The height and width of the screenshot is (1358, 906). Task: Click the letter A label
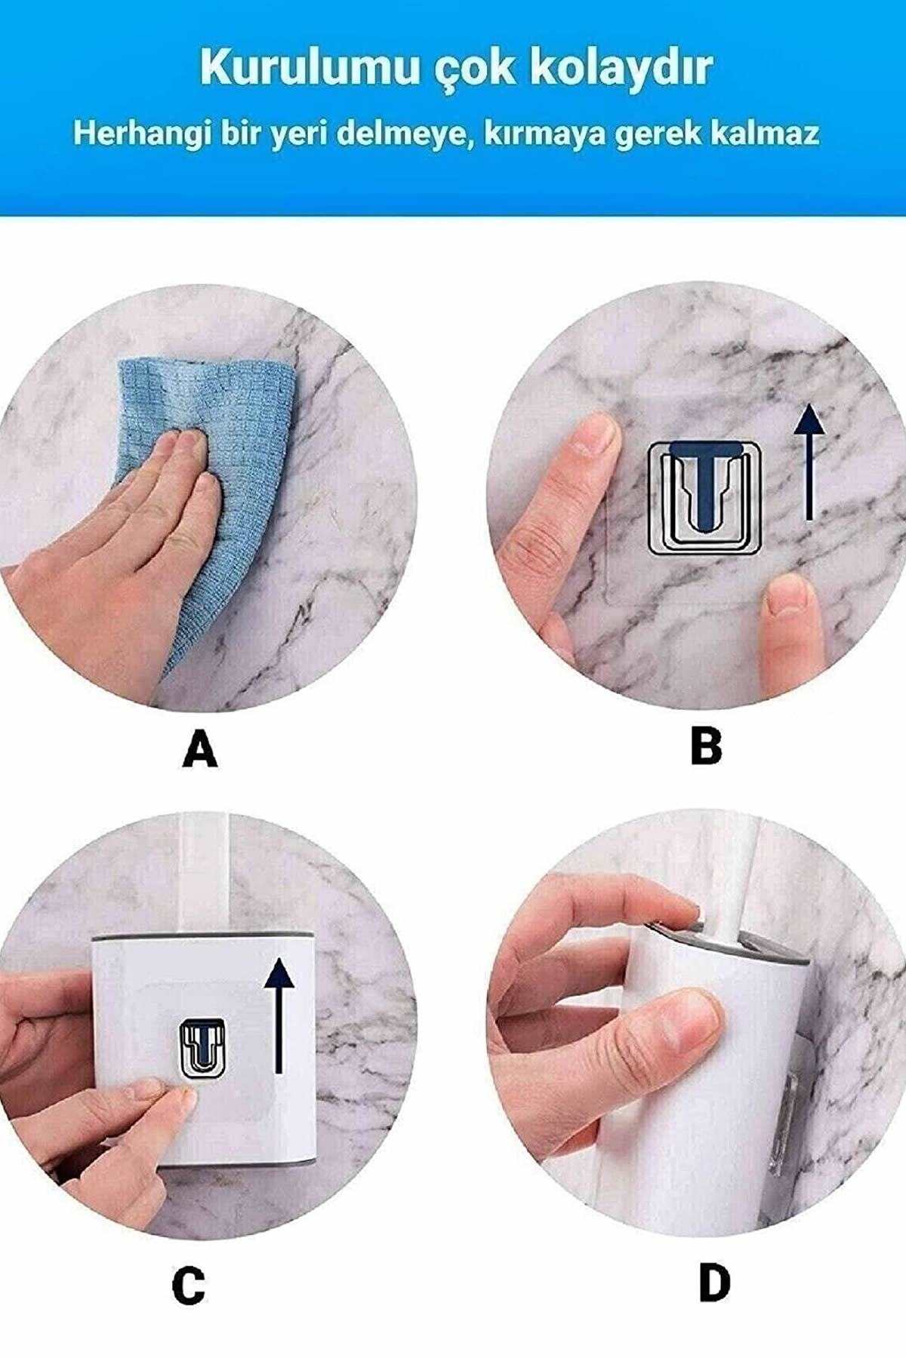click(x=200, y=750)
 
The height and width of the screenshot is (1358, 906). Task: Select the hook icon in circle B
click(x=704, y=499)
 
